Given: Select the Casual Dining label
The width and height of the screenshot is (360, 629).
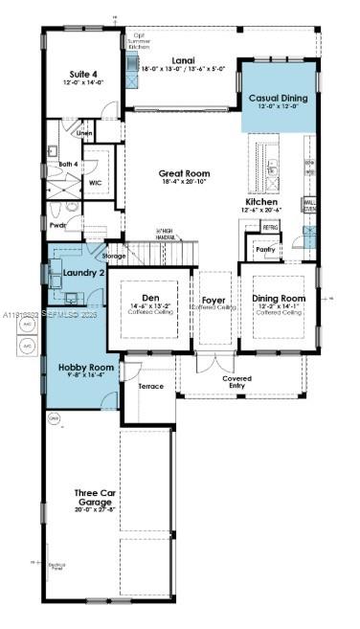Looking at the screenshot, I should (278, 98).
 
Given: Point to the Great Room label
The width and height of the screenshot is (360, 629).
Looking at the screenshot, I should (183, 174).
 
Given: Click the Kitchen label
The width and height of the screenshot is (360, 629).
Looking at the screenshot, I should (261, 203).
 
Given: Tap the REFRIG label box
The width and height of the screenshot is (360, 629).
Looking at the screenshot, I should (270, 228).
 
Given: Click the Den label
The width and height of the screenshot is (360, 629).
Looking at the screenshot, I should (151, 298).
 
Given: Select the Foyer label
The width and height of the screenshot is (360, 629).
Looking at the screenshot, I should (214, 301).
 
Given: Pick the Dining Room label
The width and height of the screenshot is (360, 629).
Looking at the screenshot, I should (279, 299).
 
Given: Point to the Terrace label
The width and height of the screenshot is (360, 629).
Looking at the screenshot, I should (151, 386).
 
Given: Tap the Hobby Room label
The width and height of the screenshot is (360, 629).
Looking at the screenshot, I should (86, 368).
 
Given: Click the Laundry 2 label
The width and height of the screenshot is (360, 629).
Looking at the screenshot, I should (81, 273).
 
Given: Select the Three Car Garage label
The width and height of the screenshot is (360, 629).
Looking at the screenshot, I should (95, 498).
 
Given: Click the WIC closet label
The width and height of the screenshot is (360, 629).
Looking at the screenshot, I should (96, 182).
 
